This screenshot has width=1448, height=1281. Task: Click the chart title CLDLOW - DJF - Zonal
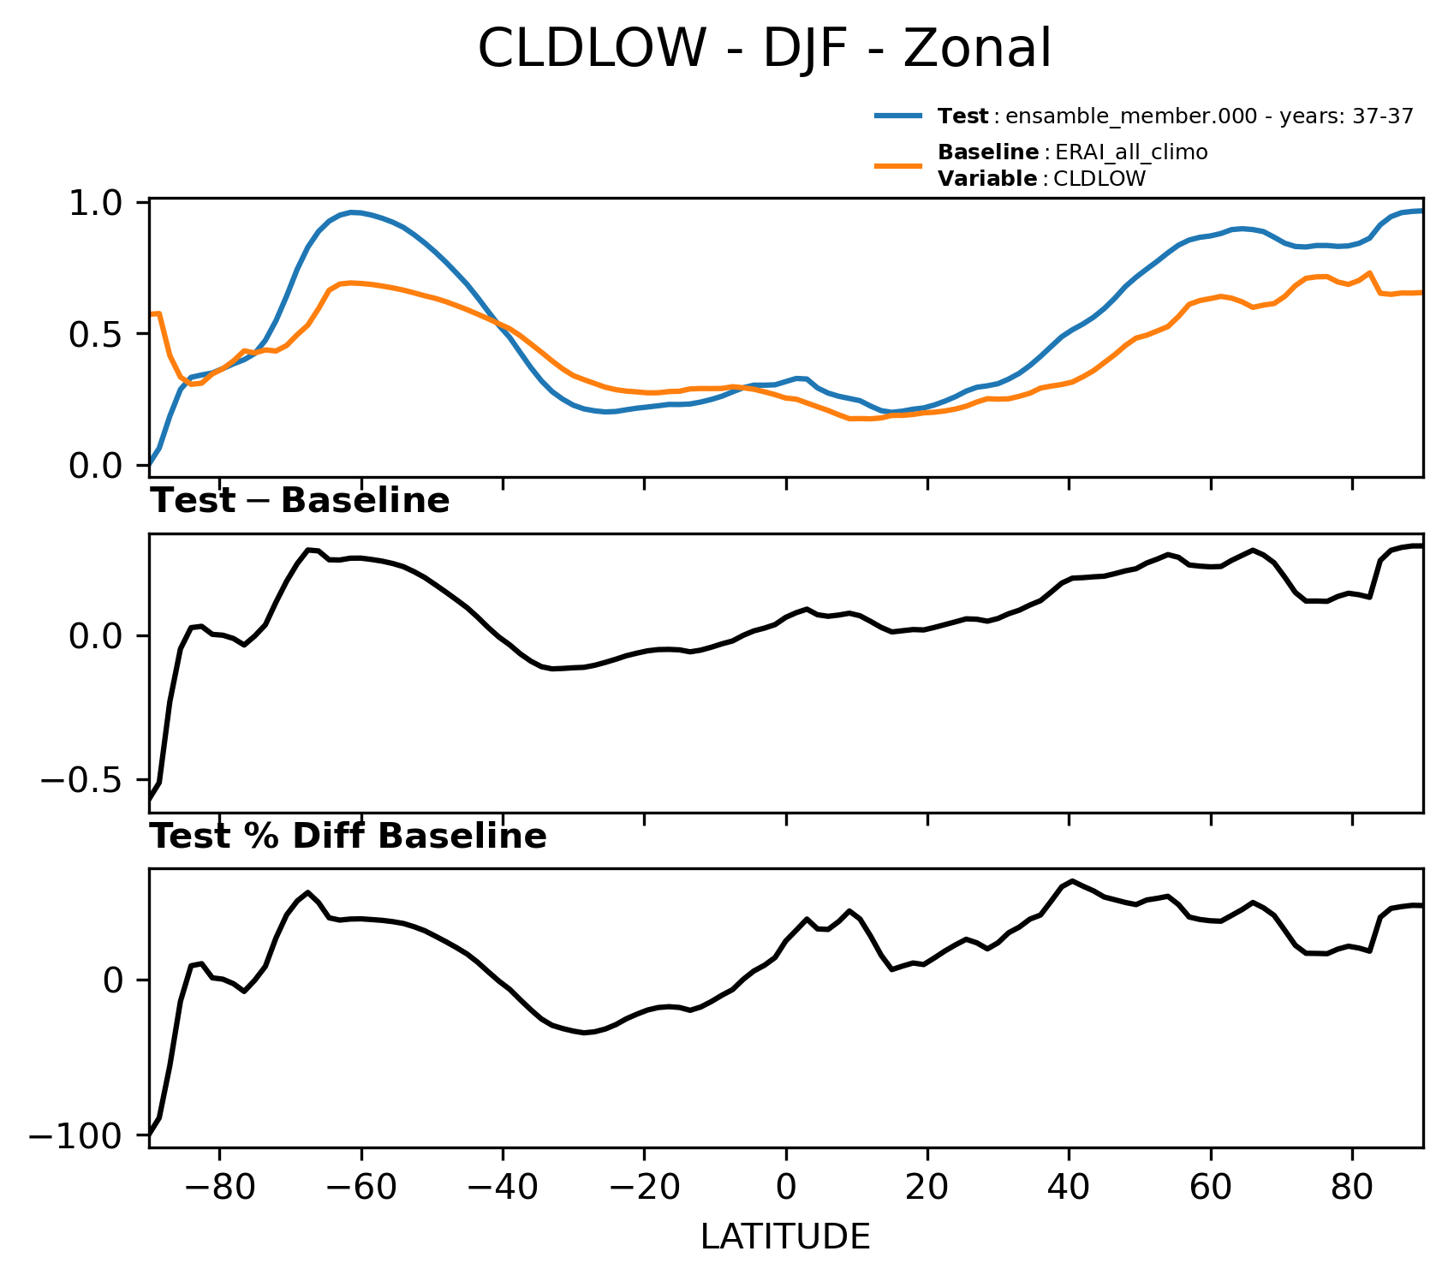[x=764, y=48]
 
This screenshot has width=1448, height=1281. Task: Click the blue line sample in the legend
[x=898, y=116]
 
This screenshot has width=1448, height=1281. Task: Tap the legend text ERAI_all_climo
[x=1131, y=152]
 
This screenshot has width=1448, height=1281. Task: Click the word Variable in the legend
[x=987, y=179]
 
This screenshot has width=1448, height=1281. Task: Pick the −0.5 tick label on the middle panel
[x=88, y=780]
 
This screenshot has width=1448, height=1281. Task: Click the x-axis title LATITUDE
[x=785, y=1237]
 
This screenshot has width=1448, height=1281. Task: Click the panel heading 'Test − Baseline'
[x=300, y=501]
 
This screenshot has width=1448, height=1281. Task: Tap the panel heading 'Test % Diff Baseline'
[x=349, y=837]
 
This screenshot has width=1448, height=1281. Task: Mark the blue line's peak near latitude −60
[x=353, y=212]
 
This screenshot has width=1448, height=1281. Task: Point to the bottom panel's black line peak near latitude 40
[x=1073, y=881]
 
